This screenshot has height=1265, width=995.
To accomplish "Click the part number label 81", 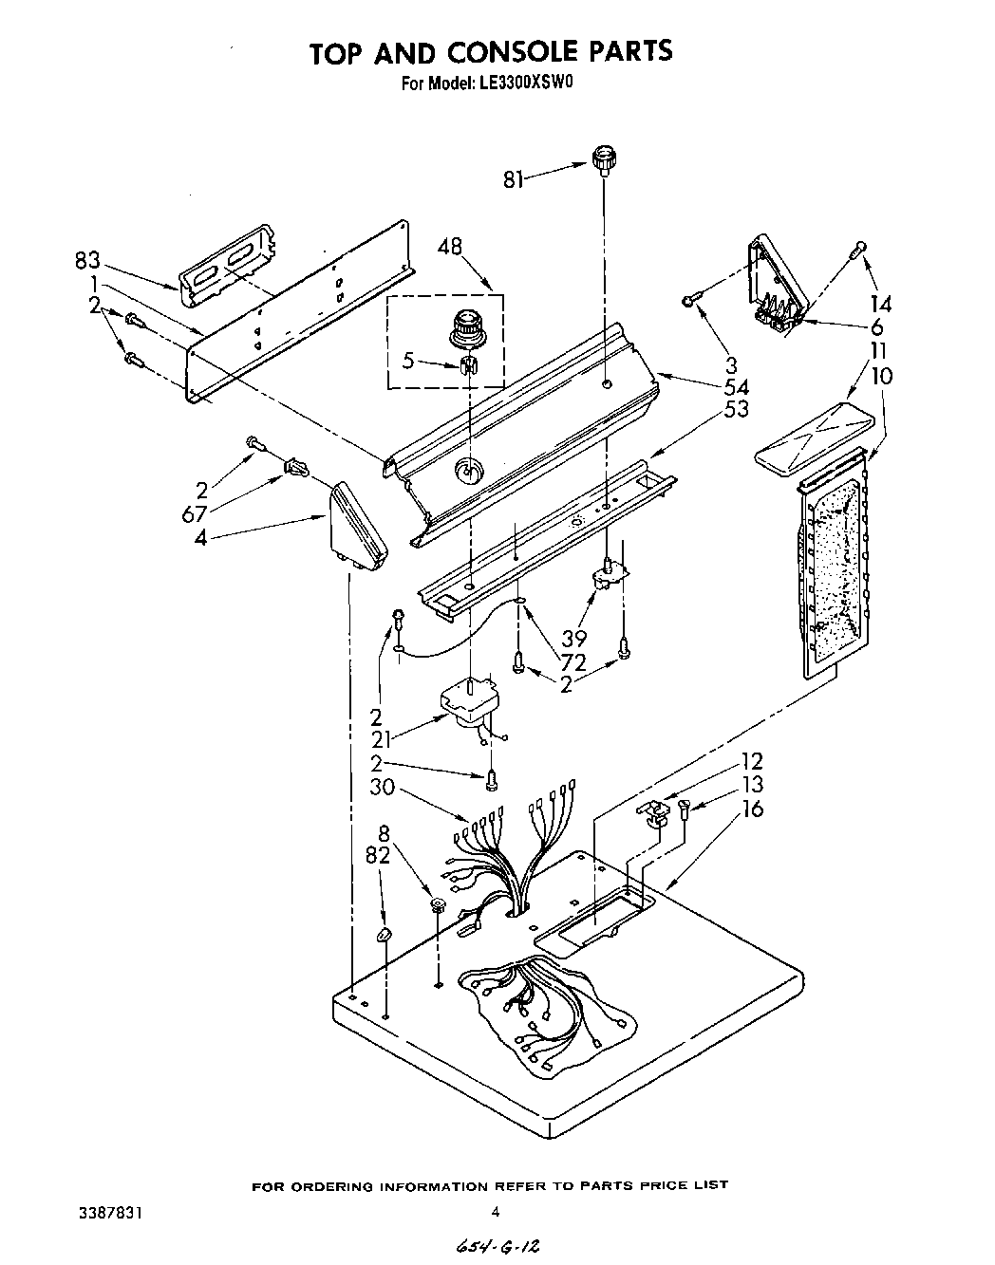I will tap(514, 177).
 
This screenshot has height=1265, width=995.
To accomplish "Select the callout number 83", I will tap(88, 259).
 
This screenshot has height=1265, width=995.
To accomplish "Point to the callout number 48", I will tap(450, 248).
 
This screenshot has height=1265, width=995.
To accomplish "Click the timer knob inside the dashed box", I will tap(467, 326).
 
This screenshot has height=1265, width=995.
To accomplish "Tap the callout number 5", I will tap(408, 362).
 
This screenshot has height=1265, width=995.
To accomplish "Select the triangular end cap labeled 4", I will tap(360, 528).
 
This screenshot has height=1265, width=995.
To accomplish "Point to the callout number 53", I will tap(736, 409).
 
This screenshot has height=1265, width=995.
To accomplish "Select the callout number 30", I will tap(383, 788).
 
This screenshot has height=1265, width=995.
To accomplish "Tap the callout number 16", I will tap(753, 809).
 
